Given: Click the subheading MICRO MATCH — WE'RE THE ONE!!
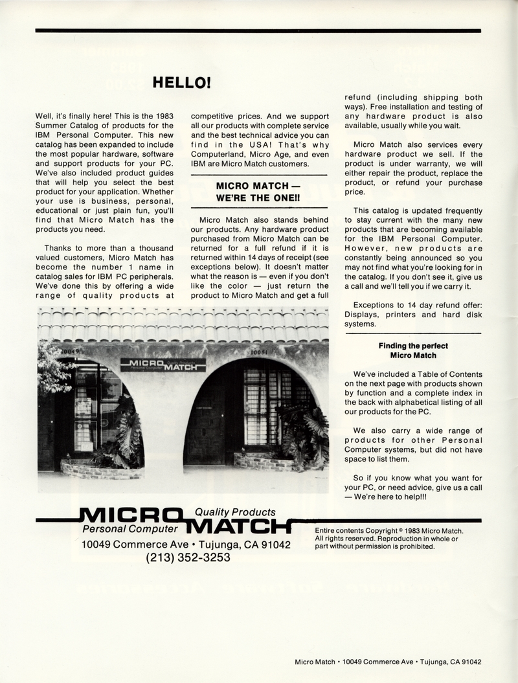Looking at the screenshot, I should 258,191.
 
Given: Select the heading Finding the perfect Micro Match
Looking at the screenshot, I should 413,351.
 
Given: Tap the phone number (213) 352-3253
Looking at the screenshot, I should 188,557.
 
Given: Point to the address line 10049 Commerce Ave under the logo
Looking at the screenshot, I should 186,544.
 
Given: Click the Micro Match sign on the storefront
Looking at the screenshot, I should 163,364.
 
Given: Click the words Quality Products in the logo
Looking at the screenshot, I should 235,512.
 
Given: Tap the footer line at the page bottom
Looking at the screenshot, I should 388,662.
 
